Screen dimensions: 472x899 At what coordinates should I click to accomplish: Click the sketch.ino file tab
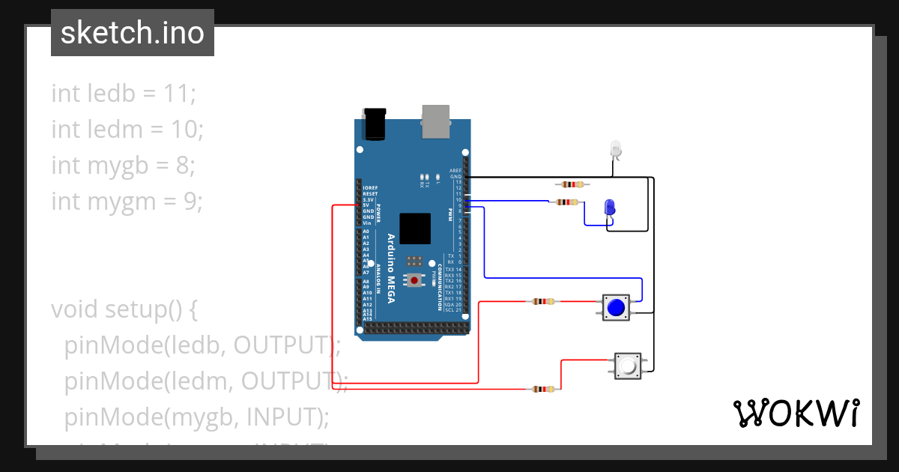coord(133,33)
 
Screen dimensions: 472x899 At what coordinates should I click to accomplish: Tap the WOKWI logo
coord(796,413)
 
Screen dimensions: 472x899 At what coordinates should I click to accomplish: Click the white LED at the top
coord(616,149)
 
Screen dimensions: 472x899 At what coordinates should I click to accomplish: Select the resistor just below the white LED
coord(572,184)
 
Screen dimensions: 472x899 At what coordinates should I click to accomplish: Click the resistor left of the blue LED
coord(566,202)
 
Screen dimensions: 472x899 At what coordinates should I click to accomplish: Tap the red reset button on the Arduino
coord(414,280)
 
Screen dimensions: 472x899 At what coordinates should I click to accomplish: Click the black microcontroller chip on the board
coord(415,229)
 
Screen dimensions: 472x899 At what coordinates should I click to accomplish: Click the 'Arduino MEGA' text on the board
coord(390,270)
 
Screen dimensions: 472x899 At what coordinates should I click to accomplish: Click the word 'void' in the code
coord(76,309)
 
